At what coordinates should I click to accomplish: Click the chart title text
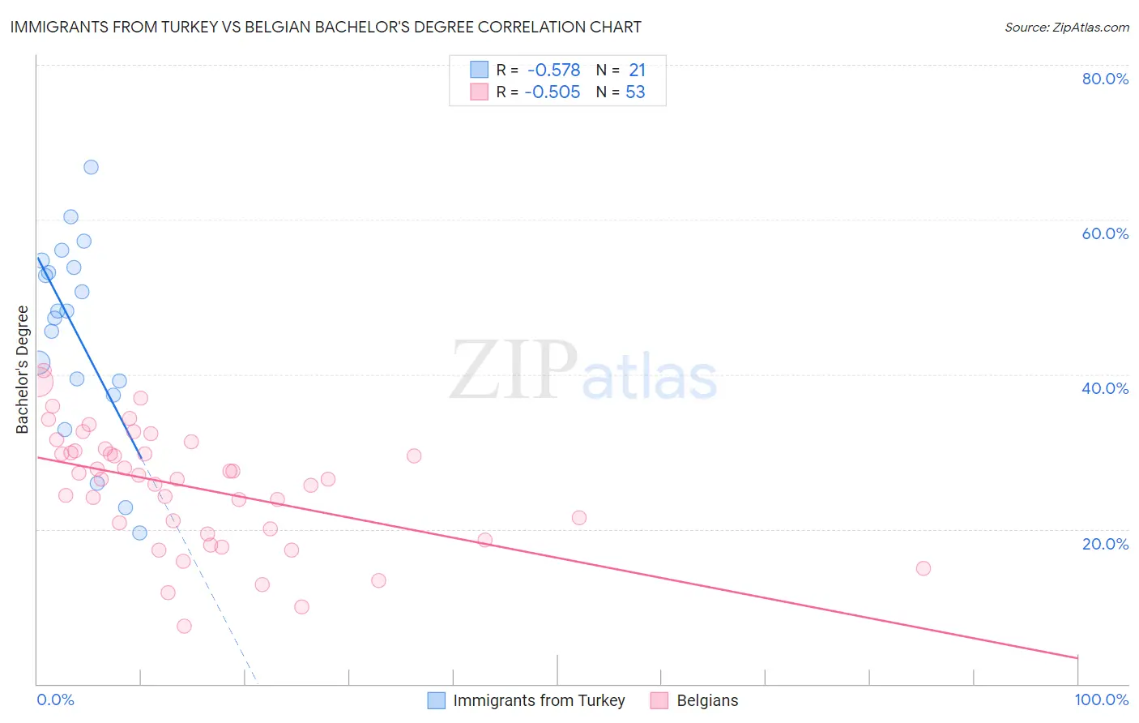pos(326,28)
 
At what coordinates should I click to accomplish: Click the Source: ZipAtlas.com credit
pos(1066,28)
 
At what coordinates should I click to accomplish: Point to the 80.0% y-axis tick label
pos(1105,79)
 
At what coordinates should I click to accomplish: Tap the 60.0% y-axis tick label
pos(1105,233)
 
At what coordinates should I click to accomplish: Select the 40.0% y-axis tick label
pos(1105,388)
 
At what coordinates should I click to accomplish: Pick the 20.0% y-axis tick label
pos(1105,544)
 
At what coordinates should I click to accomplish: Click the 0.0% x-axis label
pos(56,699)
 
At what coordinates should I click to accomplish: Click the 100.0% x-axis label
pos(1101,699)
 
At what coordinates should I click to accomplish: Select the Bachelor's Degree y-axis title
pos(23,370)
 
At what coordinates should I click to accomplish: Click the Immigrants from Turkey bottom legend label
pos(539,700)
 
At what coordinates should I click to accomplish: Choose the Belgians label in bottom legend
pos(707,700)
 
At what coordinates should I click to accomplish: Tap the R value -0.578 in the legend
pos(553,71)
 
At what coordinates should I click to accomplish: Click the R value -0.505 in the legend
pos(552,92)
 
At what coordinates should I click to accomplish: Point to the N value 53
pos(635,92)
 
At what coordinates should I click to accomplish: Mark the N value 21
pos(637,71)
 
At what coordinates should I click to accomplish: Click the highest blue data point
pos(91,167)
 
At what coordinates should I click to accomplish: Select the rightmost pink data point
pos(923,568)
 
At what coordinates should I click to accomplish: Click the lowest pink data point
pos(184,626)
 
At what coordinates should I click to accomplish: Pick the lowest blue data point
pos(139,533)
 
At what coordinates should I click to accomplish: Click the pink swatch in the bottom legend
pos(659,700)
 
